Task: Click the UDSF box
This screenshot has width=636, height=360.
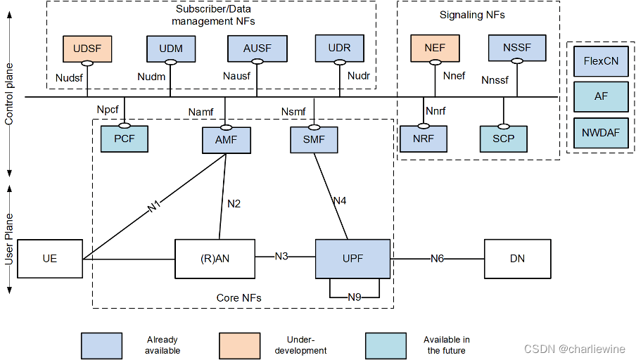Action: (x=87, y=49)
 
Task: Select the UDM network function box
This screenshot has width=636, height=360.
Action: (x=171, y=49)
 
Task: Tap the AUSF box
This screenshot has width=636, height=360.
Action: (x=257, y=49)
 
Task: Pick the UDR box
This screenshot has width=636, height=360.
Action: (x=339, y=49)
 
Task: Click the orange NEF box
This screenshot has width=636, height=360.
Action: (x=434, y=49)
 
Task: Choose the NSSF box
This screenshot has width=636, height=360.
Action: (x=517, y=49)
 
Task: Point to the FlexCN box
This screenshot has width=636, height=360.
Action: (x=601, y=61)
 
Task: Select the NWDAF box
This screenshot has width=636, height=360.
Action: (x=601, y=132)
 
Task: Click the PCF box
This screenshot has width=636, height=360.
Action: (x=125, y=139)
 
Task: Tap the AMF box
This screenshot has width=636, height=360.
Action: (x=226, y=140)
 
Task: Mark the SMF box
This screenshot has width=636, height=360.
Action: (x=314, y=139)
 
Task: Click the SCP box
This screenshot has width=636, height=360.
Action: (x=504, y=139)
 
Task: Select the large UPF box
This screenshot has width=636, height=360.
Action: (x=352, y=258)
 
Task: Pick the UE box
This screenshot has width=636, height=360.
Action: (x=49, y=259)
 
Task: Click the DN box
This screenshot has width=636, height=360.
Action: (x=517, y=259)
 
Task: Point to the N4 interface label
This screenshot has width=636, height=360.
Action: (x=340, y=201)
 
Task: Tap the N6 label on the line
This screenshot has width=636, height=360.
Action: (x=438, y=259)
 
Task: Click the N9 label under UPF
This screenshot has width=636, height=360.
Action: (x=355, y=297)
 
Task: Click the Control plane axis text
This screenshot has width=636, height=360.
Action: (x=9, y=92)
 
